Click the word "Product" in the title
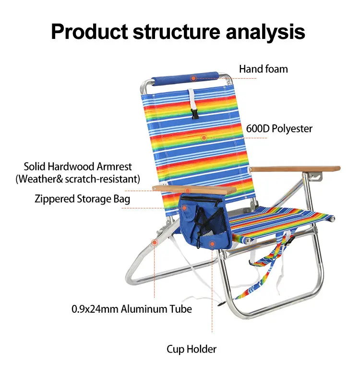click(x=88, y=31)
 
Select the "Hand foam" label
click(x=264, y=69)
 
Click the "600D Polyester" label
click(x=279, y=129)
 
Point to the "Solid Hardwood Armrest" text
click(x=78, y=167)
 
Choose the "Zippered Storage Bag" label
click(x=82, y=198)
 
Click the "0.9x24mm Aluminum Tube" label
click(x=132, y=309)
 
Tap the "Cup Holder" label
click(x=192, y=349)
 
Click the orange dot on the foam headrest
click(x=193, y=78)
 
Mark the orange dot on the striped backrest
click(x=204, y=138)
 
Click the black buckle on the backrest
click(x=194, y=113)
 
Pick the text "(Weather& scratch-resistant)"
click(x=78, y=180)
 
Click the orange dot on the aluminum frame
click(x=154, y=243)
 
